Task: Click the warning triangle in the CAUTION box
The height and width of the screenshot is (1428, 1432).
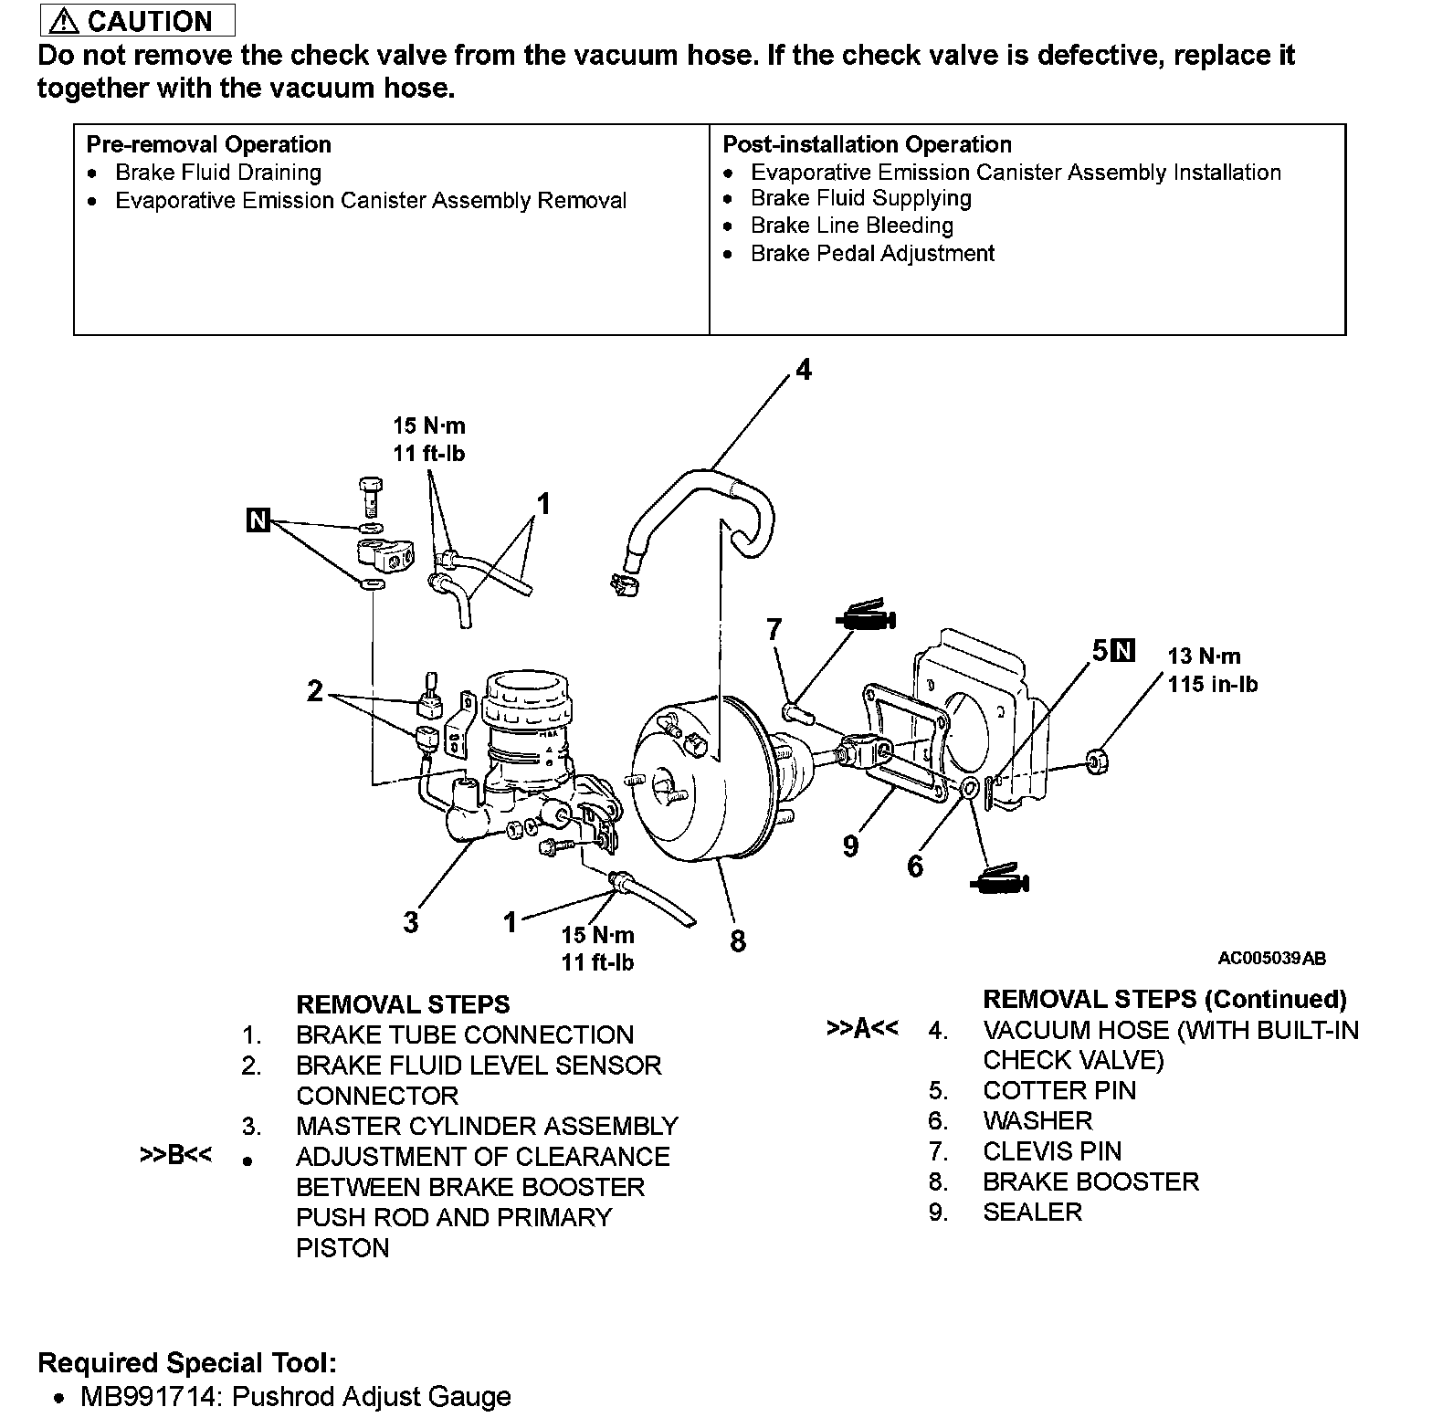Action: coord(66,20)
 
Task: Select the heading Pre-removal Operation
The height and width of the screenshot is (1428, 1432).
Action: coord(208,144)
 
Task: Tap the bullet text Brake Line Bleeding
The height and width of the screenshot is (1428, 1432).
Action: coord(851,226)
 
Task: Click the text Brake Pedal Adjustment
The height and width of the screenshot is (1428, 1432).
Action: coord(872,253)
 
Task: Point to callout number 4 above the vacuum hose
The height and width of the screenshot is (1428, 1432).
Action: coord(803,370)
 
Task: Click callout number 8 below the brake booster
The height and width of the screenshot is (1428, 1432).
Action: coord(738,940)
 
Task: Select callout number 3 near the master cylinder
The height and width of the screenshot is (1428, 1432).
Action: coord(411,921)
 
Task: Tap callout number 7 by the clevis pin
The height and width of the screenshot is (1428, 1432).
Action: coord(774,629)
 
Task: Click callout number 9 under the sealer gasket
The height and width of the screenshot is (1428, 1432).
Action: coord(850,846)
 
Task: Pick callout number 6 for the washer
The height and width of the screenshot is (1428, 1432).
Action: coord(915,865)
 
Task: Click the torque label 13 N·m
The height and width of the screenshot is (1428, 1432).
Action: coord(1204,656)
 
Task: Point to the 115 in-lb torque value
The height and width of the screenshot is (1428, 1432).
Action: coord(1212,684)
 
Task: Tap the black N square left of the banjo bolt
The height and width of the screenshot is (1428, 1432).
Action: coord(259,520)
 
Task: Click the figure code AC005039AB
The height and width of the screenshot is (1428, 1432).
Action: coord(1271,958)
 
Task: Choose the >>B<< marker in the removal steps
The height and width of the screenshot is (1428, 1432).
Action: coord(175,1155)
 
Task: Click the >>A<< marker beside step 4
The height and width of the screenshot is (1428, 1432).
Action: coord(862,1029)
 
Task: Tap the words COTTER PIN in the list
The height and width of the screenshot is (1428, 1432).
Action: coord(1059,1090)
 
